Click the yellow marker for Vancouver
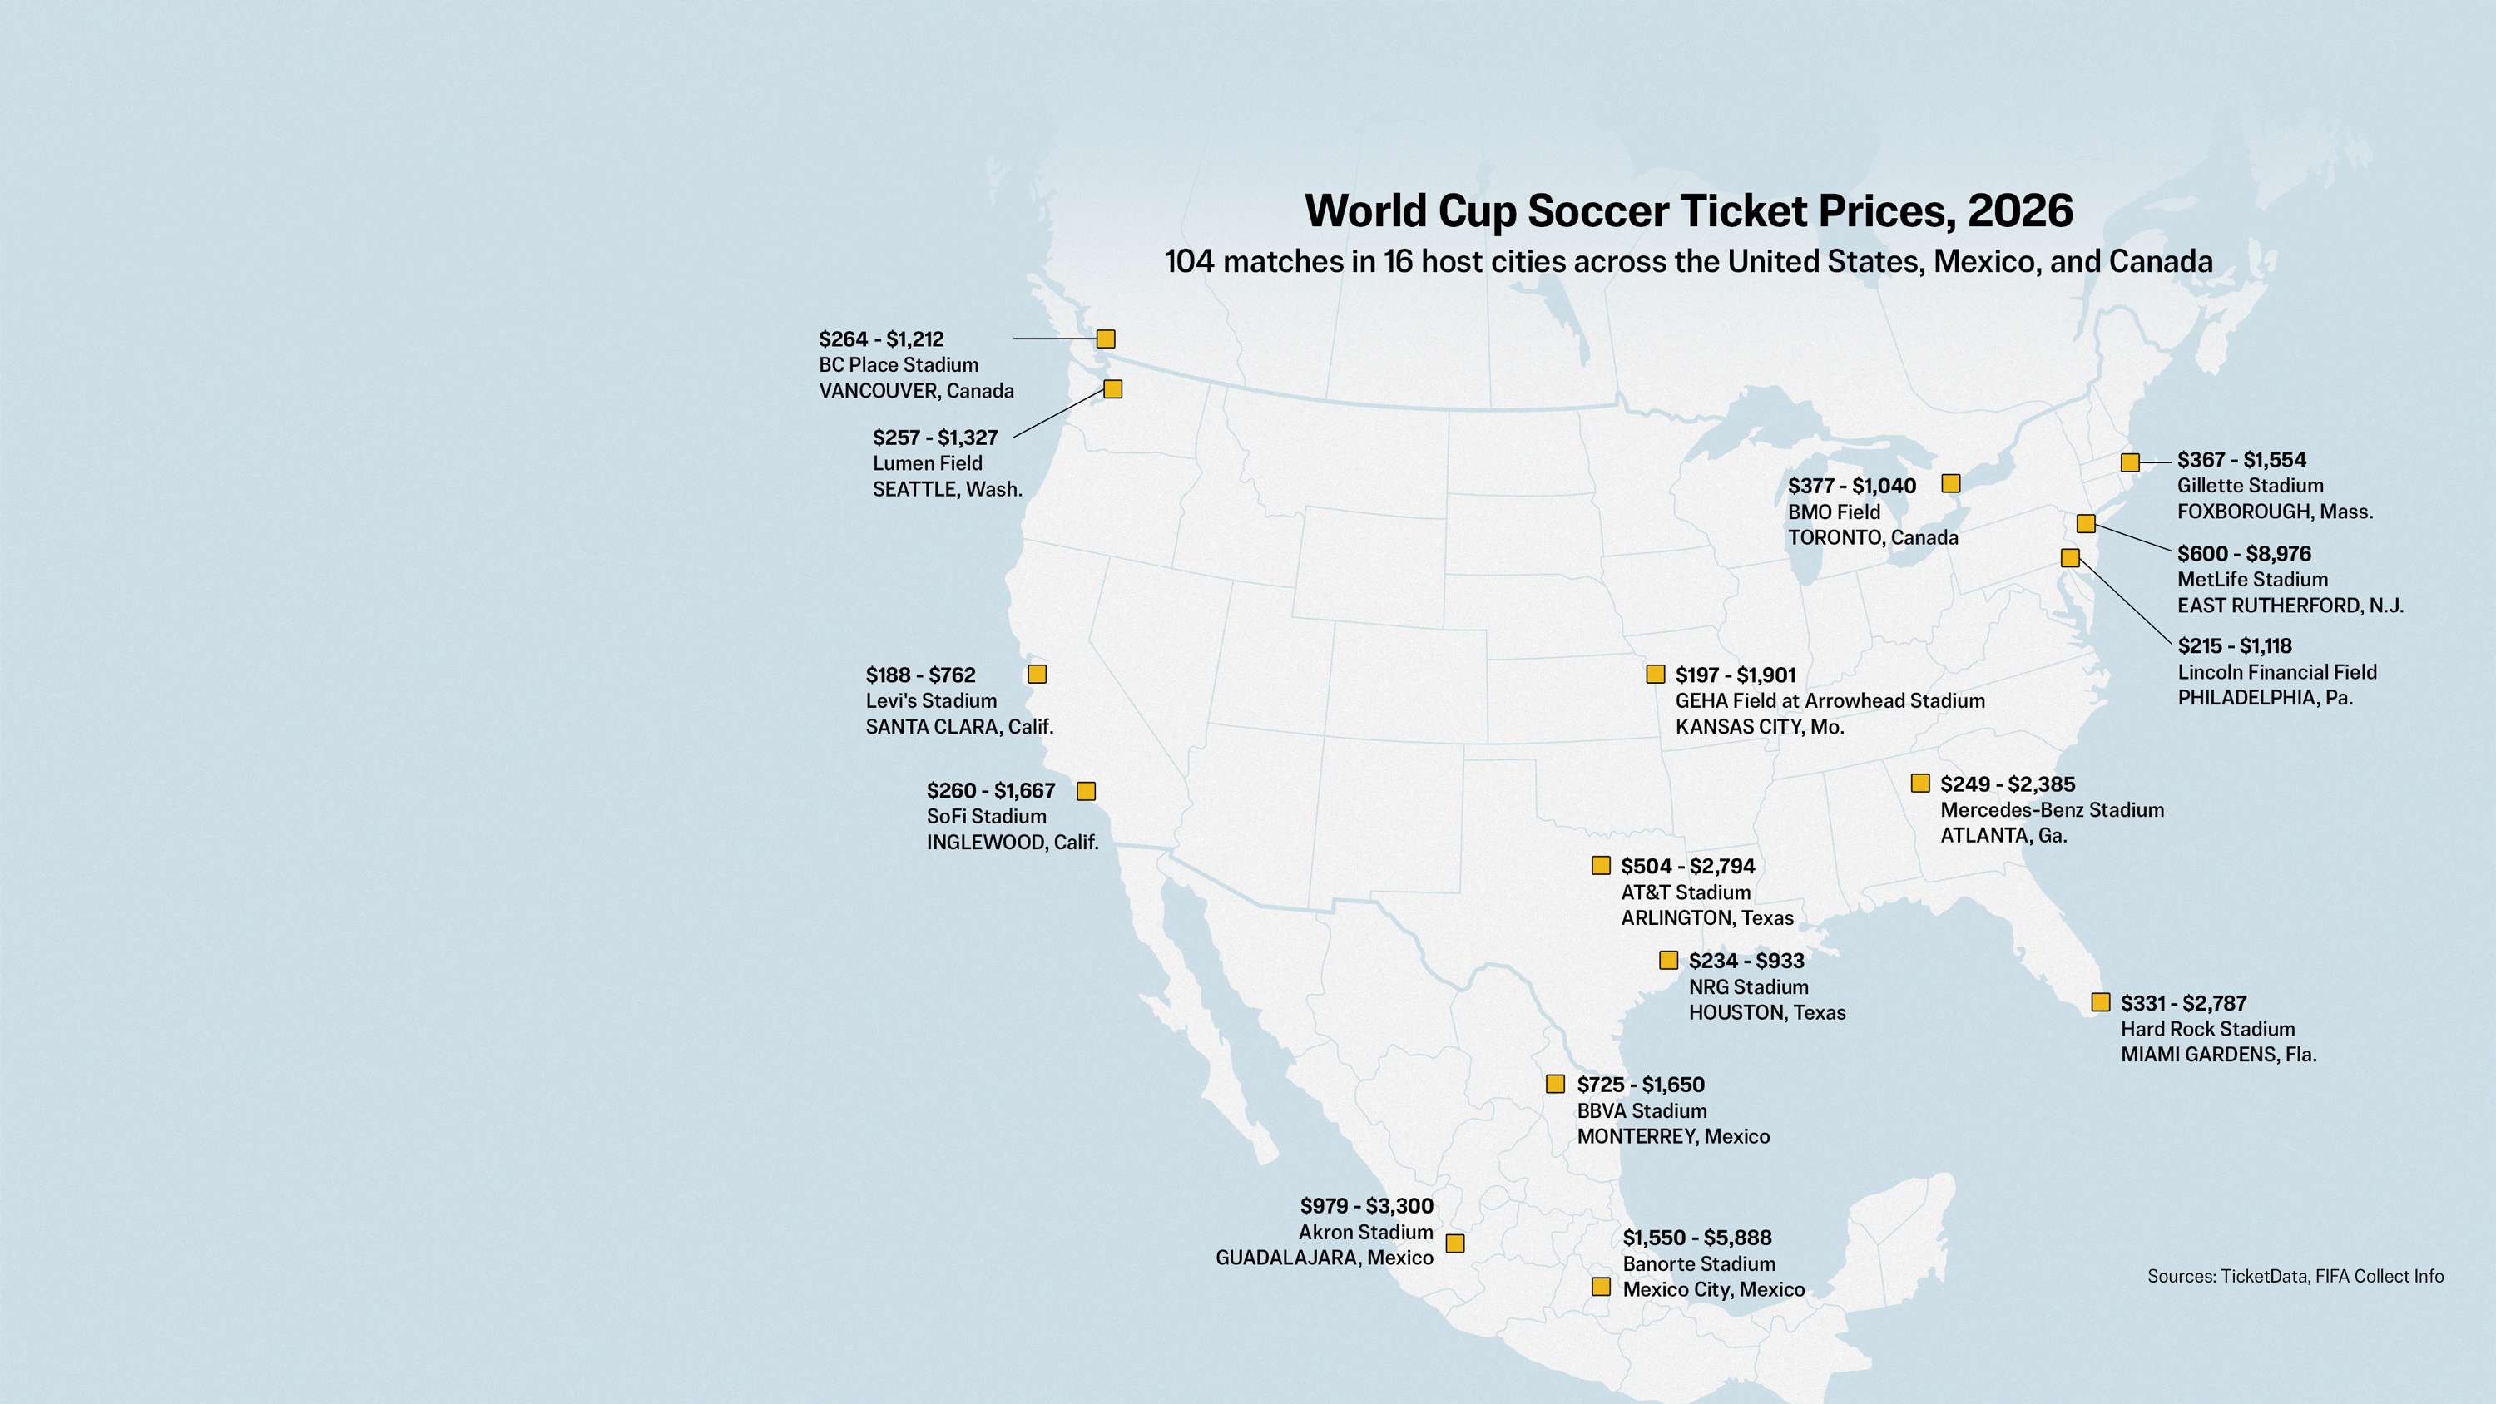1106,339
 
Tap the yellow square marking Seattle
1113,389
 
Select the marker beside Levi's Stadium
1037,675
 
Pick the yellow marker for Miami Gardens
2101,1003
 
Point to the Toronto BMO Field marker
1951,483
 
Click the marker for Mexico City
1601,1287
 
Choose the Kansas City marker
1656,675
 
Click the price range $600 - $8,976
2244,554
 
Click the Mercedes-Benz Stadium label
2051,810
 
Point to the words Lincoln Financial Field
2277,672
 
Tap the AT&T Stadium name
1686,892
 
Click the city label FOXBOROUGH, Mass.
2275,512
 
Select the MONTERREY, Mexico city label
1673,1136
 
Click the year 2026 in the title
2020,211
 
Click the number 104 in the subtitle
1189,262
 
